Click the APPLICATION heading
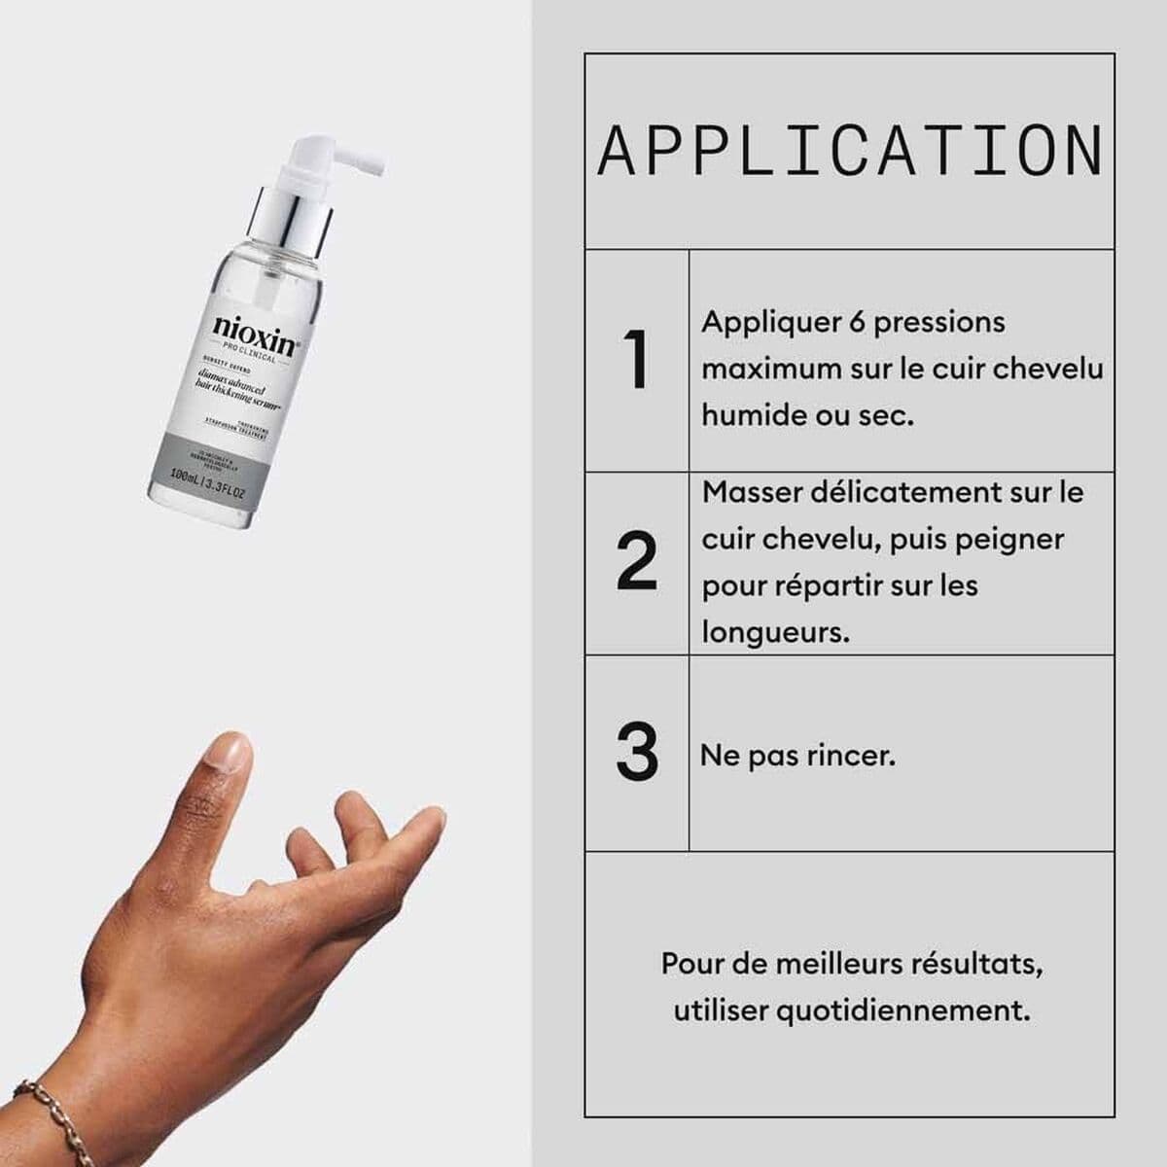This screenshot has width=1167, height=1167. tap(850, 152)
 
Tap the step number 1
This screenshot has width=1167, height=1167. tap(637, 361)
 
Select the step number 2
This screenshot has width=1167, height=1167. tap(637, 562)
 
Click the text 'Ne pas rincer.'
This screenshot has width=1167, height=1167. tap(797, 756)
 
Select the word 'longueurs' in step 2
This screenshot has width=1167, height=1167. tap(774, 633)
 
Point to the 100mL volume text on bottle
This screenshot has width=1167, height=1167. tap(185, 477)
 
